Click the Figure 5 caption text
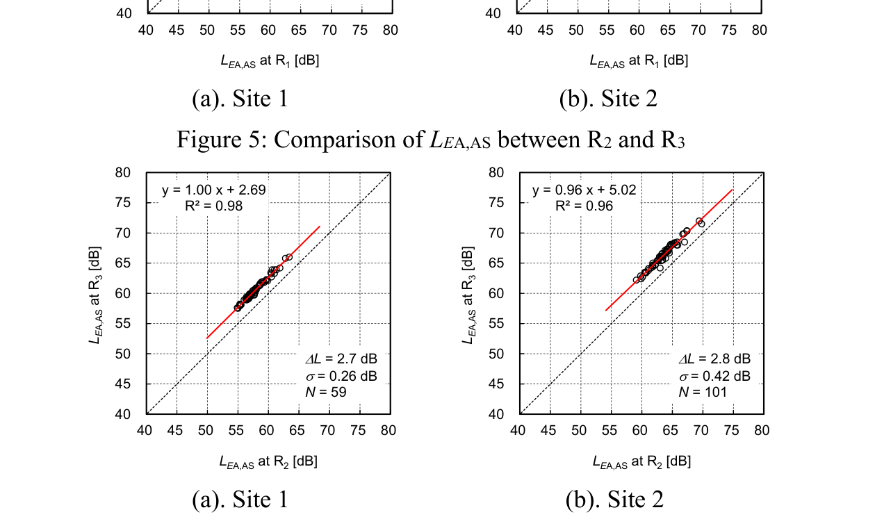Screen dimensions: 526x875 point(430,140)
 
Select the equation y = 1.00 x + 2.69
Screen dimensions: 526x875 point(213,190)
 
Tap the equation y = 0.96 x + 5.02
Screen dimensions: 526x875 point(584,190)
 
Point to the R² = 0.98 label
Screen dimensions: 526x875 point(213,205)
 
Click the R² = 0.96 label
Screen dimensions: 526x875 point(584,205)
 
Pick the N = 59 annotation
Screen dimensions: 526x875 point(326,392)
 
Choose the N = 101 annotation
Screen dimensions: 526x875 point(702,392)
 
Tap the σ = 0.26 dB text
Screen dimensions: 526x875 point(341,376)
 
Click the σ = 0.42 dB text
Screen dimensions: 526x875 point(714,376)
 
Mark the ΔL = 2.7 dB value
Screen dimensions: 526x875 point(341,359)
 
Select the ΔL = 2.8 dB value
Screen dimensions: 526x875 point(714,359)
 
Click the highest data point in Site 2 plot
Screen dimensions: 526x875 point(699,221)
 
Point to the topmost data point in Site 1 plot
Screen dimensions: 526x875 point(288,257)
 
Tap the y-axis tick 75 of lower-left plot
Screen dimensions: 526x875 point(124,203)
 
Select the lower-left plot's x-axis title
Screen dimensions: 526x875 point(268,461)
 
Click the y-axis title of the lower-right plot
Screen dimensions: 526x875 point(469,293)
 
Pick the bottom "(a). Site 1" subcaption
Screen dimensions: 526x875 point(240,500)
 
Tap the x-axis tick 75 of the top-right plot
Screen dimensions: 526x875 point(728,31)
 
